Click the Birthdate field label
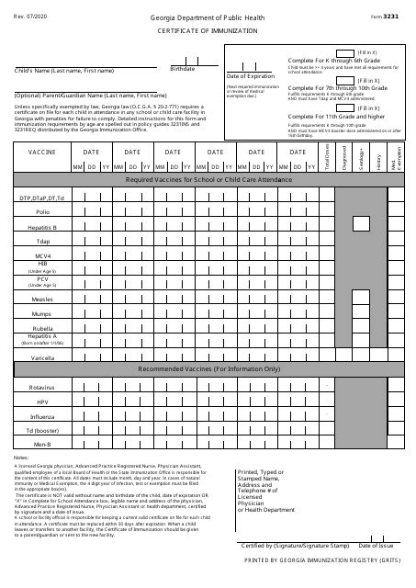[x=183, y=69]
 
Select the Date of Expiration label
[x=251, y=77]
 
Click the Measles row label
[x=42, y=299]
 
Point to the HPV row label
[x=42, y=401]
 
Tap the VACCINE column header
[x=42, y=152]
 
